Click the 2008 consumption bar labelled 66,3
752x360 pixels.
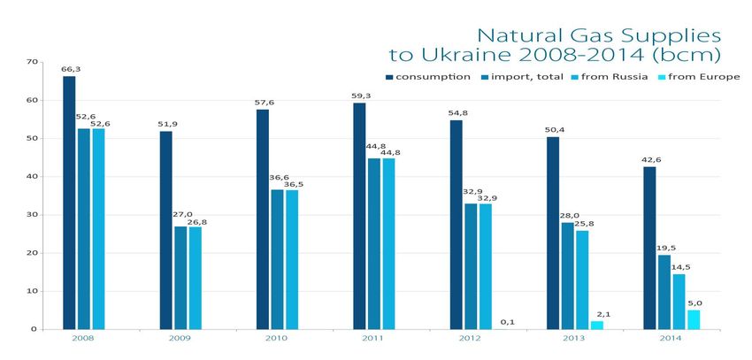pyautogui.click(x=69, y=203)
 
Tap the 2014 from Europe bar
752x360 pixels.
pyautogui.click(x=694, y=319)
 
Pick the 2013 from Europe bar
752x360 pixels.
pyautogui.click(x=597, y=325)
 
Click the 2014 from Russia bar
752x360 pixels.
pyautogui.click(x=679, y=302)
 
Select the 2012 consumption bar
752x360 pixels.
pyautogui.click(x=456, y=225)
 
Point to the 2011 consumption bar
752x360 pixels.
pyautogui.click(x=359, y=216)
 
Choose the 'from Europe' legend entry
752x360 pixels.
pyautogui.click(x=698, y=76)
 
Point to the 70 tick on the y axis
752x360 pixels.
pyautogui.click(x=32, y=62)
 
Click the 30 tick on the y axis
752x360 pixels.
pyautogui.click(x=32, y=215)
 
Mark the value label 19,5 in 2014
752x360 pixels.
pyautogui.click(x=664, y=248)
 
